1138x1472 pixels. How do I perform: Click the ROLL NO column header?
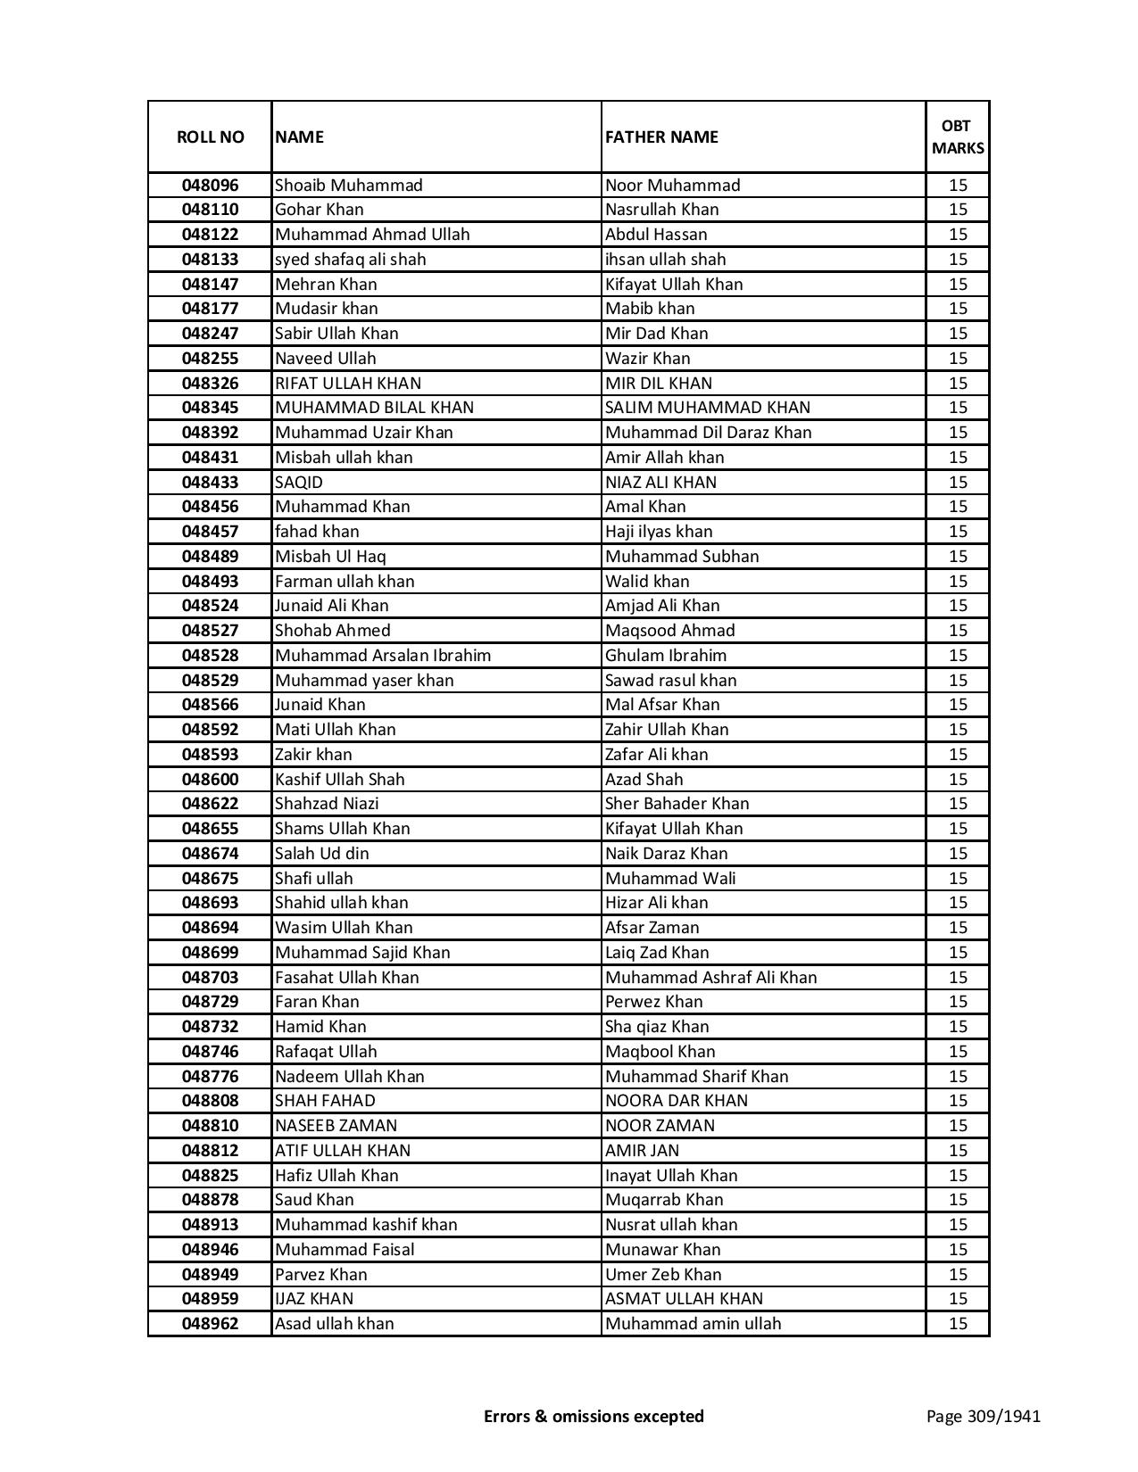[210, 137]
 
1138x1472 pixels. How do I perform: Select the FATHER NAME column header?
[661, 137]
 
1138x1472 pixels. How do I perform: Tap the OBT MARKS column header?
[958, 137]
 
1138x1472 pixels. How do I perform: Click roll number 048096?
[210, 186]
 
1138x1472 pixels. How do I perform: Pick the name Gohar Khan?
[319, 210]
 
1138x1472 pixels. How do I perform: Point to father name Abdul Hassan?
[656, 235]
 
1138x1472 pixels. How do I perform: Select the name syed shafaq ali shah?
[350, 260]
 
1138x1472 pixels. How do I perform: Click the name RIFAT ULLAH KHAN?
[347, 384]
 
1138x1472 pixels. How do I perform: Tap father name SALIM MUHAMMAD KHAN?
[708, 408]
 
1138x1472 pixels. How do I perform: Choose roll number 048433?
[210, 483]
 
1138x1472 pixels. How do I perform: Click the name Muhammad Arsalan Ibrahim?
[383, 656]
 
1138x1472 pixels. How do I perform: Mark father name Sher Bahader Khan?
[677, 804]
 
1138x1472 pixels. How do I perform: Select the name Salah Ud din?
[321, 854]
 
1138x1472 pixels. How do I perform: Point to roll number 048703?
[210, 978]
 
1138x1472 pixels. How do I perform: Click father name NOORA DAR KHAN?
[676, 1101]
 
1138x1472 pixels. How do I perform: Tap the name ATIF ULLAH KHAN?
[343, 1151]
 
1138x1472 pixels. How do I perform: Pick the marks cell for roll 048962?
[958, 1324]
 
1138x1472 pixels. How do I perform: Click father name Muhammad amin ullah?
[693, 1324]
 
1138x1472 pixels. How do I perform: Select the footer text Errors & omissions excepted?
[594, 1416]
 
